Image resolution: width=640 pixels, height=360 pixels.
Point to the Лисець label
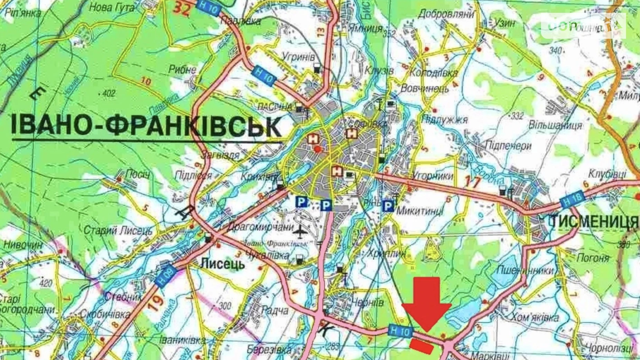coord(222,264)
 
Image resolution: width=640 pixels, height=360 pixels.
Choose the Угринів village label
coord(298,57)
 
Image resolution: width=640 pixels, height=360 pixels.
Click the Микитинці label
coord(420,210)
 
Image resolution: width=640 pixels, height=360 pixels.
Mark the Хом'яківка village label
coord(535,317)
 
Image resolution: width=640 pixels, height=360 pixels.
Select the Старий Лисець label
coord(118,231)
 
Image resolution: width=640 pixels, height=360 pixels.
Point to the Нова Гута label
coord(111,7)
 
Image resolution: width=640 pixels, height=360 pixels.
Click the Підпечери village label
coord(508,146)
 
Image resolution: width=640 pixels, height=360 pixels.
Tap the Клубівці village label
coord(607,173)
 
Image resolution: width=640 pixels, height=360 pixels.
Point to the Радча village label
coord(275,310)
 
